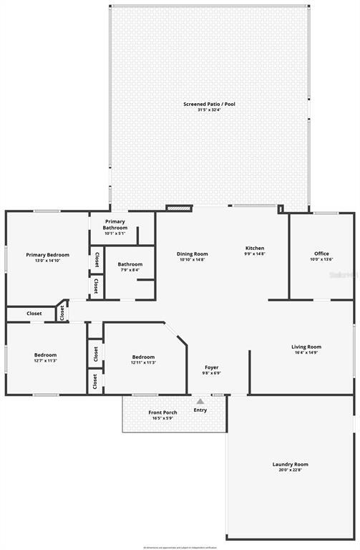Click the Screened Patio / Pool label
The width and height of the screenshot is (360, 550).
(209, 105)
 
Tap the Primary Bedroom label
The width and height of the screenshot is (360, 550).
(48, 255)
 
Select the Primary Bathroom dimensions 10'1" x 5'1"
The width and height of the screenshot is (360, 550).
(115, 233)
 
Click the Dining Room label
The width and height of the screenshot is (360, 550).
(193, 254)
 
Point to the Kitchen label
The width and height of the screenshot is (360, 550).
(255, 248)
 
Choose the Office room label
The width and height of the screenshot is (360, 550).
(321, 254)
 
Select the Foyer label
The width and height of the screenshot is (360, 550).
(212, 367)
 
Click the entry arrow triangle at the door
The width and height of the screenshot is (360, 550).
(200, 401)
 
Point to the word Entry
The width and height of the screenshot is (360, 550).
(200, 410)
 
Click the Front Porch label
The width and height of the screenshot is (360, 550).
(162, 412)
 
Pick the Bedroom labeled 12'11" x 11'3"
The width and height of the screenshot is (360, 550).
(143, 356)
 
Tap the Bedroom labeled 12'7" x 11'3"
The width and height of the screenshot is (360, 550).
(45, 354)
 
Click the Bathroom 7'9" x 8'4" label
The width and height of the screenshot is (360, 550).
(130, 264)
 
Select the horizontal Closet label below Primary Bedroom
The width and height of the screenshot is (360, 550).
(34, 313)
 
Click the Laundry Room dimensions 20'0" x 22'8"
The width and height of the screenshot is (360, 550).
(290, 471)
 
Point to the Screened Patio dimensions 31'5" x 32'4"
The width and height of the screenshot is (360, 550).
(209, 110)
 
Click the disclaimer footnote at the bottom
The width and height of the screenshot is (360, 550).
(180, 547)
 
